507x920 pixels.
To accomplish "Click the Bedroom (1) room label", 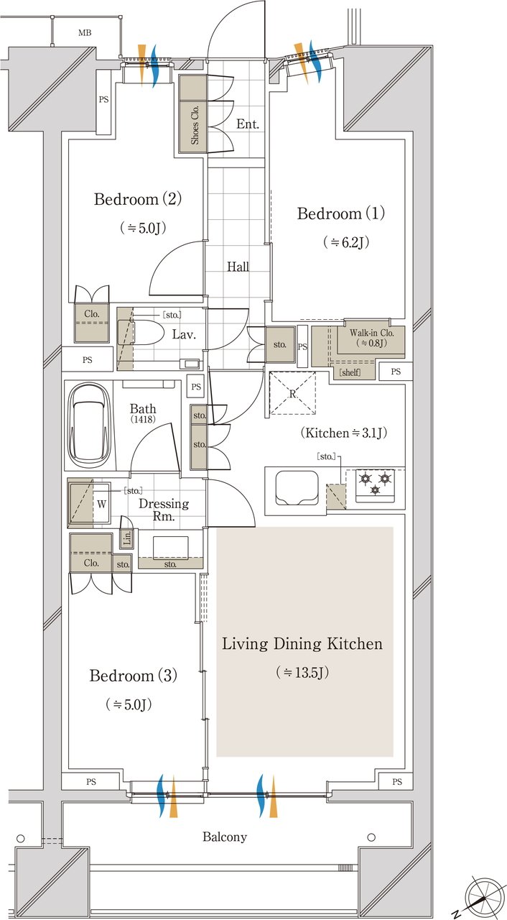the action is pyautogui.click(x=341, y=213).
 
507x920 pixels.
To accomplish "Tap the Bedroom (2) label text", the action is pyautogui.click(x=138, y=199).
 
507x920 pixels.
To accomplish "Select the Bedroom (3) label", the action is pyautogui.click(x=134, y=675).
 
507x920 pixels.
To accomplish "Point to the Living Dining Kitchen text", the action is pyautogui.click(x=302, y=643).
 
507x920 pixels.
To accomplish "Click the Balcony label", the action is pyautogui.click(x=225, y=837).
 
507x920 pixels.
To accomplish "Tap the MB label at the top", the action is pyautogui.click(x=85, y=33).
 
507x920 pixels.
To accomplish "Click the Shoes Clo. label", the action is pyautogui.click(x=195, y=124).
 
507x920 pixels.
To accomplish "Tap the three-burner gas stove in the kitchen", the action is pyautogui.click(x=376, y=485).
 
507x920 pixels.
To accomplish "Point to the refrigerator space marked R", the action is pyautogui.click(x=292, y=393).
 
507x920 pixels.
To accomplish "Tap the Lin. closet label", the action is pyautogui.click(x=127, y=538).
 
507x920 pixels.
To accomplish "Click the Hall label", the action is pyautogui.click(x=238, y=267).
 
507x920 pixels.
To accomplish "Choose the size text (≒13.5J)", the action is pyautogui.click(x=302, y=672).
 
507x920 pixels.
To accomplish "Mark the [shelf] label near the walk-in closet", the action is pyautogui.click(x=350, y=372).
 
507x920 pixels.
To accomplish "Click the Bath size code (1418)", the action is pyautogui.click(x=143, y=419).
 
